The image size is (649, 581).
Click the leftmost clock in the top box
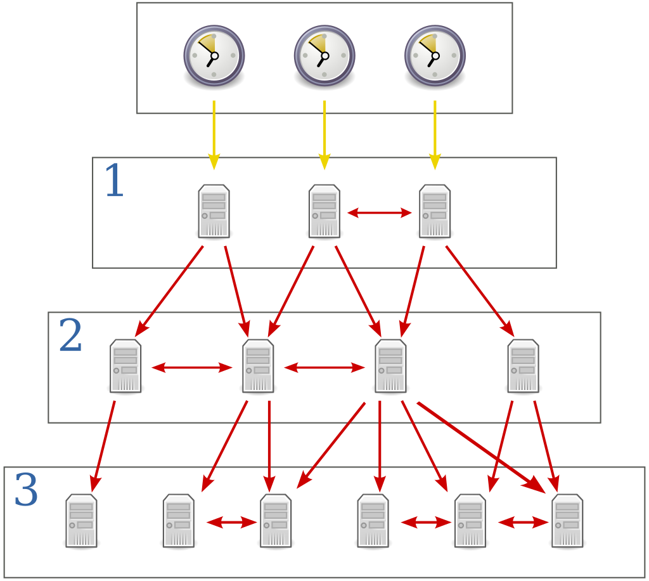pos(214,55)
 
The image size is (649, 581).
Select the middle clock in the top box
pos(324,55)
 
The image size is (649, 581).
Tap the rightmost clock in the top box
pos(435,55)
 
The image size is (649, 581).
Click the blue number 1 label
pos(114,181)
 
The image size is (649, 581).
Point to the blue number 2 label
pos(70,336)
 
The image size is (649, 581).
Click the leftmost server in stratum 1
pos(214,211)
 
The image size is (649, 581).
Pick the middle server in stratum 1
pos(324,211)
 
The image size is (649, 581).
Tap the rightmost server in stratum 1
pos(435,211)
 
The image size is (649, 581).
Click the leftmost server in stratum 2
pos(125,366)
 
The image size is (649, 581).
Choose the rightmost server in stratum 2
pos(523,366)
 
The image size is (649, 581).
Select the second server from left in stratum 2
pos(258,366)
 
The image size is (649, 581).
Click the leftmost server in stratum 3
pos(81,521)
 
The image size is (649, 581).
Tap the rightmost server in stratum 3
pos(567,521)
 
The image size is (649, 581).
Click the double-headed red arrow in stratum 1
pos(380,213)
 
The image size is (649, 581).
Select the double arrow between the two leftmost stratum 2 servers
pos(192,367)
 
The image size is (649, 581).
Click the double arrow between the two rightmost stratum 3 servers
pos(523,523)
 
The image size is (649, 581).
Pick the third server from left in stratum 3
pos(276,521)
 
